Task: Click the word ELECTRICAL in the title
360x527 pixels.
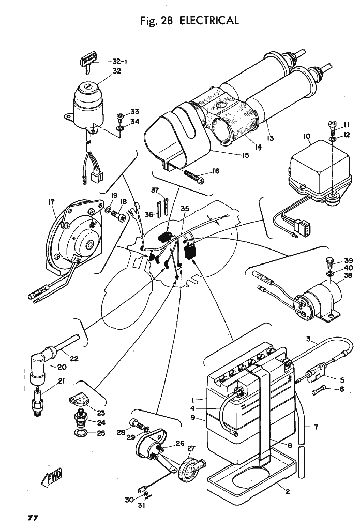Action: pos(209,21)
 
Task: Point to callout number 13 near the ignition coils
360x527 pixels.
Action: pos(270,138)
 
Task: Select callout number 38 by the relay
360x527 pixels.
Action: pos(334,276)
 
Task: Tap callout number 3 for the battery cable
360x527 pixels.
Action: pos(308,340)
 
